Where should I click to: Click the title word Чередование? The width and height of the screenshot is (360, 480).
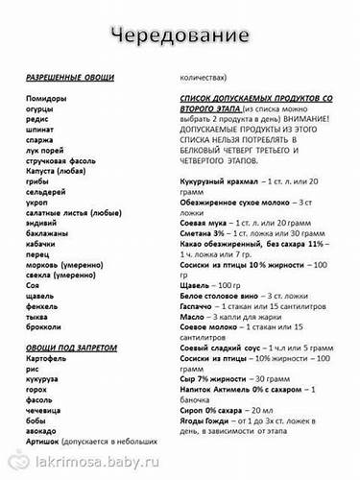pos(180,36)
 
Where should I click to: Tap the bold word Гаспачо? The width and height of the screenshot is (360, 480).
pos(199,307)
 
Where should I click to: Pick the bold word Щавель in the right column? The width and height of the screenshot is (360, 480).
pos(197,286)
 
